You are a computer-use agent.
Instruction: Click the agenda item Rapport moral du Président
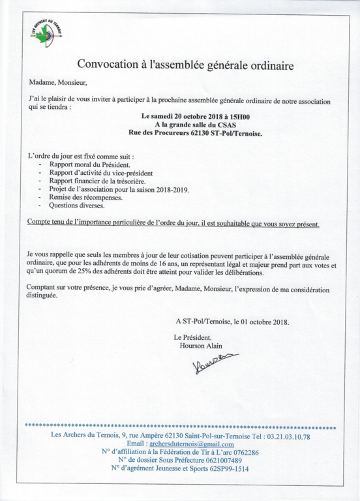[x=89, y=166]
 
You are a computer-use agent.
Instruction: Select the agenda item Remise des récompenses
[x=85, y=197]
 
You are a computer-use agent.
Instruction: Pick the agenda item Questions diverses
[x=76, y=205]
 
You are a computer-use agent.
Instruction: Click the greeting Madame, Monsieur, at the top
[x=57, y=83]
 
